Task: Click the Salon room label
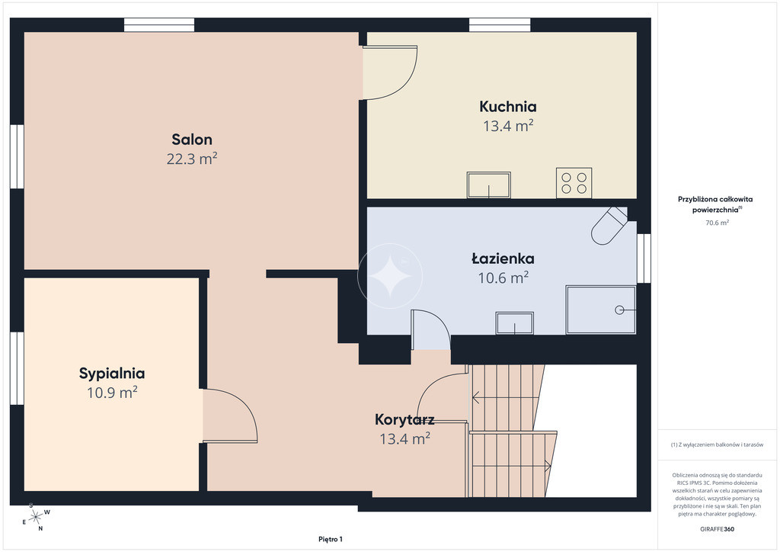click(x=192, y=140)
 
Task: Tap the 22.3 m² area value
click(x=192, y=159)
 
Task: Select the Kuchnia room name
click(x=508, y=107)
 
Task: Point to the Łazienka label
click(x=503, y=258)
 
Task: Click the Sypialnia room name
click(x=112, y=374)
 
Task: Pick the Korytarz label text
click(x=404, y=419)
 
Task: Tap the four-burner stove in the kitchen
click(x=574, y=183)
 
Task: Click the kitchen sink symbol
click(x=488, y=185)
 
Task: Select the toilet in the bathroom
click(x=609, y=226)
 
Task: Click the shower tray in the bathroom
click(x=601, y=310)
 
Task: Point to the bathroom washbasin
click(x=514, y=323)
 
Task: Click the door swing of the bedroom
click(x=230, y=416)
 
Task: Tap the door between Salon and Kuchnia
click(x=390, y=72)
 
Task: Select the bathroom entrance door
click(x=431, y=329)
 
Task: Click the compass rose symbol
click(x=36, y=518)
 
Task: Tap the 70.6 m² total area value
click(x=717, y=223)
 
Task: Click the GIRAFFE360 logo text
click(x=717, y=529)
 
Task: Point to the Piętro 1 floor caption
click(x=331, y=539)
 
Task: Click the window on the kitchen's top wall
click(x=500, y=25)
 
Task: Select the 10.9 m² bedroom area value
click(x=112, y=393)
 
